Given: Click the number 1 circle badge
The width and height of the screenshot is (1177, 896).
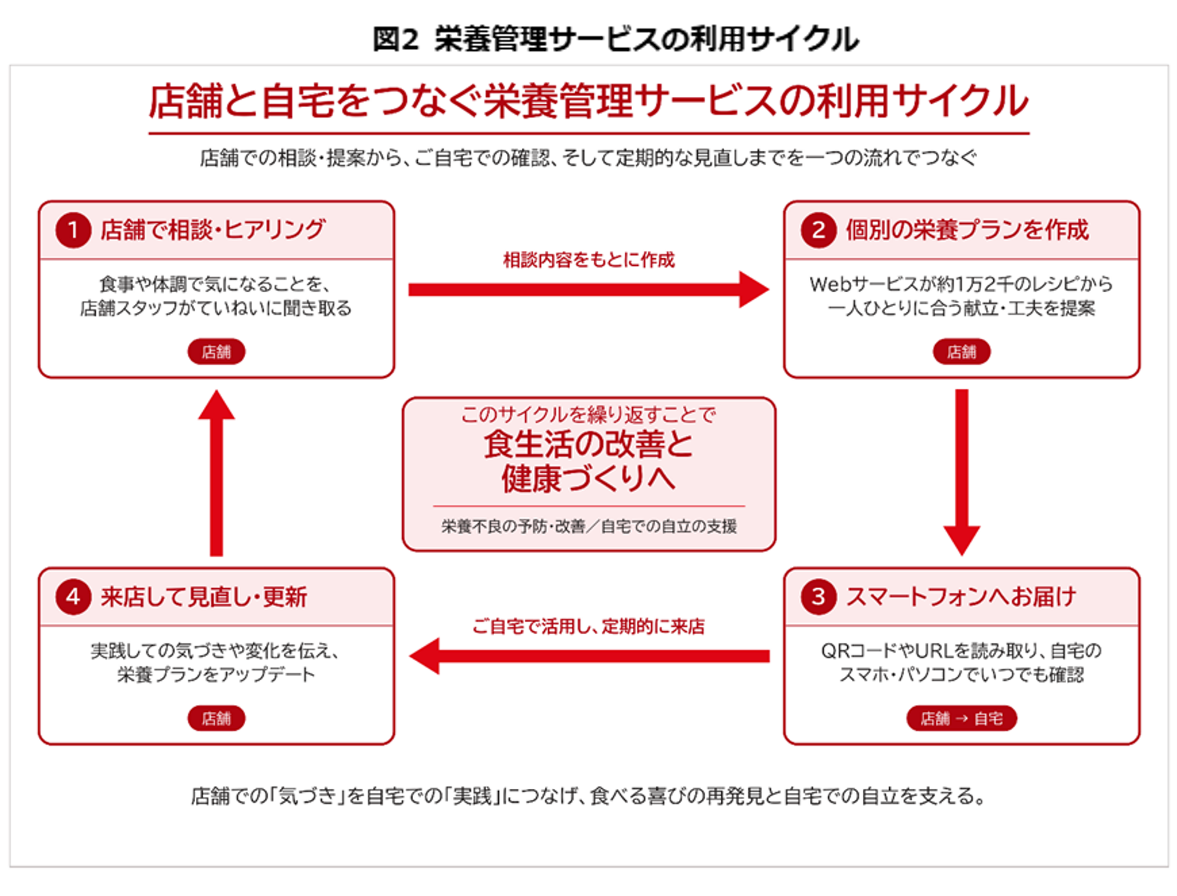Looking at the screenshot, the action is point(74,229).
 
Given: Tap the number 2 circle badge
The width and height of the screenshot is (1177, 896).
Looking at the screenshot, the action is point(818,229).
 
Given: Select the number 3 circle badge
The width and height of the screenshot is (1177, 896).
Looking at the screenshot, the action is point(818,596).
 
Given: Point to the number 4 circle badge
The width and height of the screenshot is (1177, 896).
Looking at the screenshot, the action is point(74,596).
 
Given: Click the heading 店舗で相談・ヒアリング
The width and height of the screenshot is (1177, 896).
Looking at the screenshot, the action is point(213,229).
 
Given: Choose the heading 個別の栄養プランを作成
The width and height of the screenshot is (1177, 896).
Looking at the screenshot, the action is point(967,229).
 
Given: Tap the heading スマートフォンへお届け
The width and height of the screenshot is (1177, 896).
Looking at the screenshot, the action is point(961,596).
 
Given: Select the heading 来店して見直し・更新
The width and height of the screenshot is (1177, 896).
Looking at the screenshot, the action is point(204,596).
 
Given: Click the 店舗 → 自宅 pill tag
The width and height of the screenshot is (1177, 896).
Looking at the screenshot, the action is point(961,718).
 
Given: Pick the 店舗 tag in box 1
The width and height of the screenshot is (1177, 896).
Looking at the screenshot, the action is point(216,352).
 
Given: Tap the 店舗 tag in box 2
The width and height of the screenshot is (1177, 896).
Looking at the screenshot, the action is point(961,352).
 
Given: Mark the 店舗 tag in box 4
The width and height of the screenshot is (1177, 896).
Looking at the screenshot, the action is point(216,718).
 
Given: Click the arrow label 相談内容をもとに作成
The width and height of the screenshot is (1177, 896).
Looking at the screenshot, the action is point(589,260).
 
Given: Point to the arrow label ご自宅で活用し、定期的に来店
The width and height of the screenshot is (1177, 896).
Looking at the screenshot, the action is point(589,626).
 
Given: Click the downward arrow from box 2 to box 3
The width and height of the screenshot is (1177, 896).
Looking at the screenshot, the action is point(962,472).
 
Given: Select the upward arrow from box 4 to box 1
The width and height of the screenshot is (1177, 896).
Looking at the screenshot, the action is point(216,473).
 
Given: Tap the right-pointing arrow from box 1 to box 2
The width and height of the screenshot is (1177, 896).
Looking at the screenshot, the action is point(589,289).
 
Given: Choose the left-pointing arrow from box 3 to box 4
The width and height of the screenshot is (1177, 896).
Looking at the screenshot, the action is point(589,656).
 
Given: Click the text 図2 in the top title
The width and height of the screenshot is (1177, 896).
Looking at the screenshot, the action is point(395,38).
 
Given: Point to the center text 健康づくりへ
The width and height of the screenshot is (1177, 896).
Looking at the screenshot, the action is point(589,478).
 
